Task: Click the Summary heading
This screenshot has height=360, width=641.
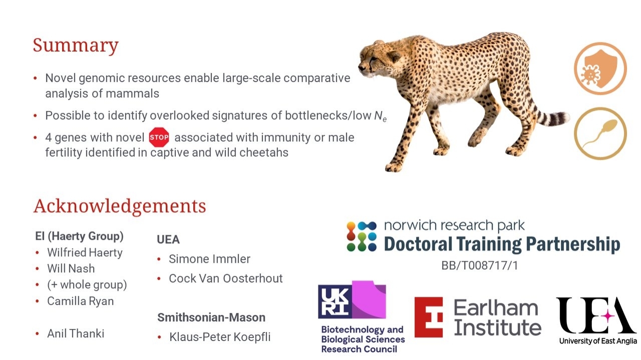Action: click(x=76, y=46)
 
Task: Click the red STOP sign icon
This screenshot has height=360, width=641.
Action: click(x=159, y=137)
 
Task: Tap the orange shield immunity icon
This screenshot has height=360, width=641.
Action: click(x=600, y=69)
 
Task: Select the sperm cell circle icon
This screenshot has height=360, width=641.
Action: click(x=600, y=134)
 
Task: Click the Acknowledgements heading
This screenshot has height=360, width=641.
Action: click(x=120, y=206)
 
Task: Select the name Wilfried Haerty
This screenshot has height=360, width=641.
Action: click(x=85, y=253)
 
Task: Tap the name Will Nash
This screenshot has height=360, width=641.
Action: click(x=71, y=268)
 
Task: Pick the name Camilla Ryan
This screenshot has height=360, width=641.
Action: click(x=81, y=301)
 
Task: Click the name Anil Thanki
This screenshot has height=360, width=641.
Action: click(x=76, y=333)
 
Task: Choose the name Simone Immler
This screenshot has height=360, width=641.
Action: click(x=209, y=259)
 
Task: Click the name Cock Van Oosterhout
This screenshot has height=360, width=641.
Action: click(x=226, y=278)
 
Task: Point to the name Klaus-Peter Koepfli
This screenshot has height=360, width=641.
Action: click(x=220, y=337)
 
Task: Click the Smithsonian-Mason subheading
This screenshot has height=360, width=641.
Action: click(x=211, y=317)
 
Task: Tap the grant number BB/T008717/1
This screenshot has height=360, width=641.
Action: click(x=480, y=265)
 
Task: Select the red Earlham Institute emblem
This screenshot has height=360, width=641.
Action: click(x=428, y=317)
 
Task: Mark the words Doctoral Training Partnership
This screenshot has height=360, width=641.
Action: click(x=502, y=244)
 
